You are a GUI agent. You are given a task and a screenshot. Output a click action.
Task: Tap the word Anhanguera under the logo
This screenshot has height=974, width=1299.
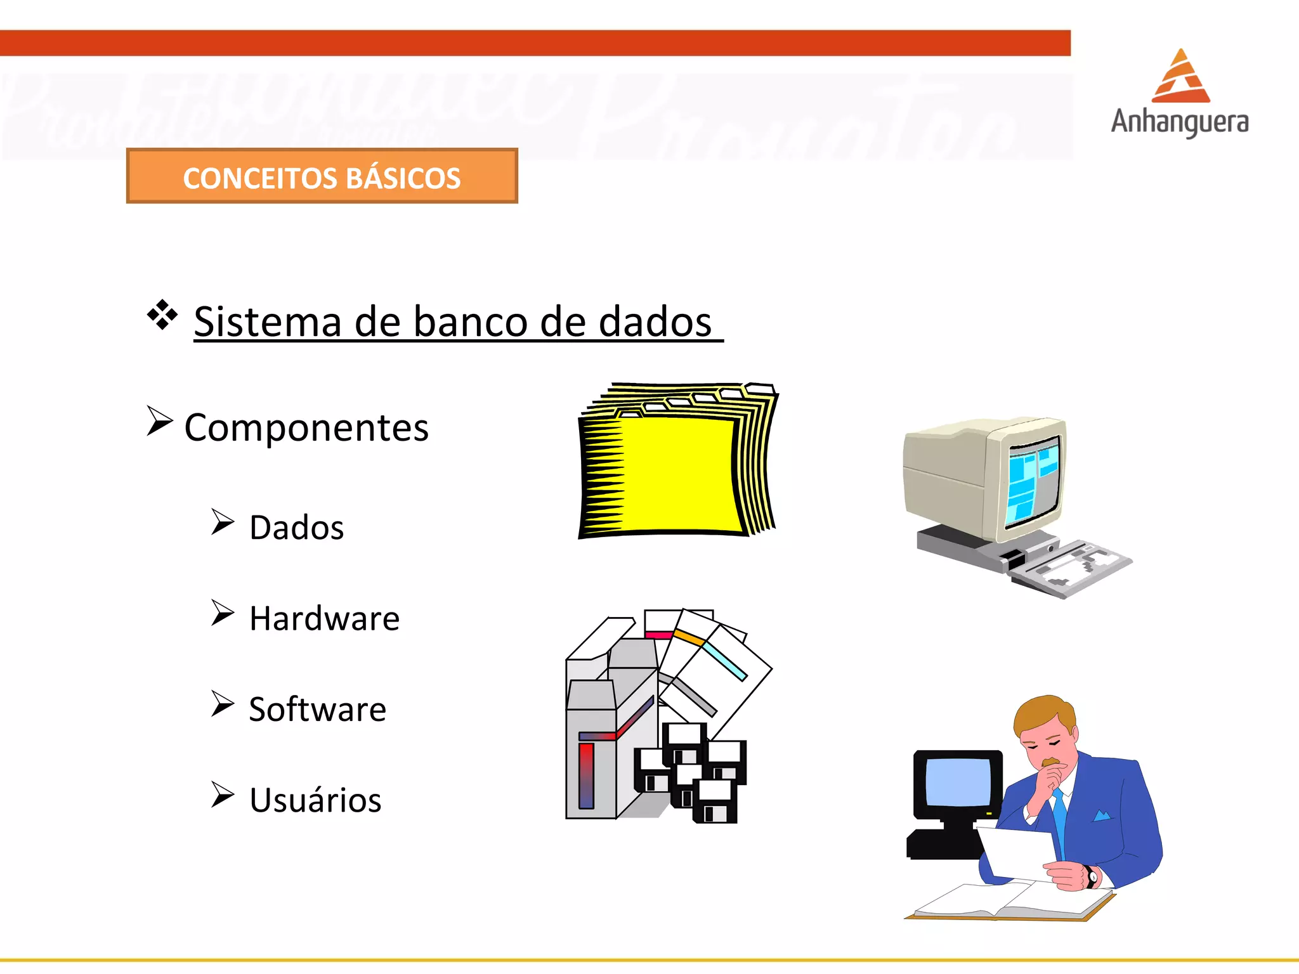[x=1180, y=122]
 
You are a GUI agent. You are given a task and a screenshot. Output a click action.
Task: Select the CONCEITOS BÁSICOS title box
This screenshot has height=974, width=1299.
[x=322, y=176]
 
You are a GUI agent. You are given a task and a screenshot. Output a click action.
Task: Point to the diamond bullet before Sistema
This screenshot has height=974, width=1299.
[x=162, y=314]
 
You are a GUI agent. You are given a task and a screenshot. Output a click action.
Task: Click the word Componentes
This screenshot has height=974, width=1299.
[x=306, y=427]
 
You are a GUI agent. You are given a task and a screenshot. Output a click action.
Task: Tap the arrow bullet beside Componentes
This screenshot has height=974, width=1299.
[x=159, y=421]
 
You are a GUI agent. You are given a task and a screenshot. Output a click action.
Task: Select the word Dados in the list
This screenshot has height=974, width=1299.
[x=296, y=528]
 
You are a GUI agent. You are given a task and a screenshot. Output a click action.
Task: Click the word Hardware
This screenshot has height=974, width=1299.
[x=324, y=618]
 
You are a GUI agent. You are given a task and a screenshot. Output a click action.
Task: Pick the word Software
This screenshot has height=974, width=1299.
[x=317, y=709]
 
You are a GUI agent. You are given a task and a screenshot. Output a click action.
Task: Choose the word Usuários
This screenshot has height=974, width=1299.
[x=315, y=800]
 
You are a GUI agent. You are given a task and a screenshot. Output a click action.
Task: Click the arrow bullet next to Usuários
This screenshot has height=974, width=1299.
[x=223, y=795]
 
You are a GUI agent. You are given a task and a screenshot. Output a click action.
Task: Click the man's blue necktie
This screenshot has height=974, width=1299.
[x=1059, y=818]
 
